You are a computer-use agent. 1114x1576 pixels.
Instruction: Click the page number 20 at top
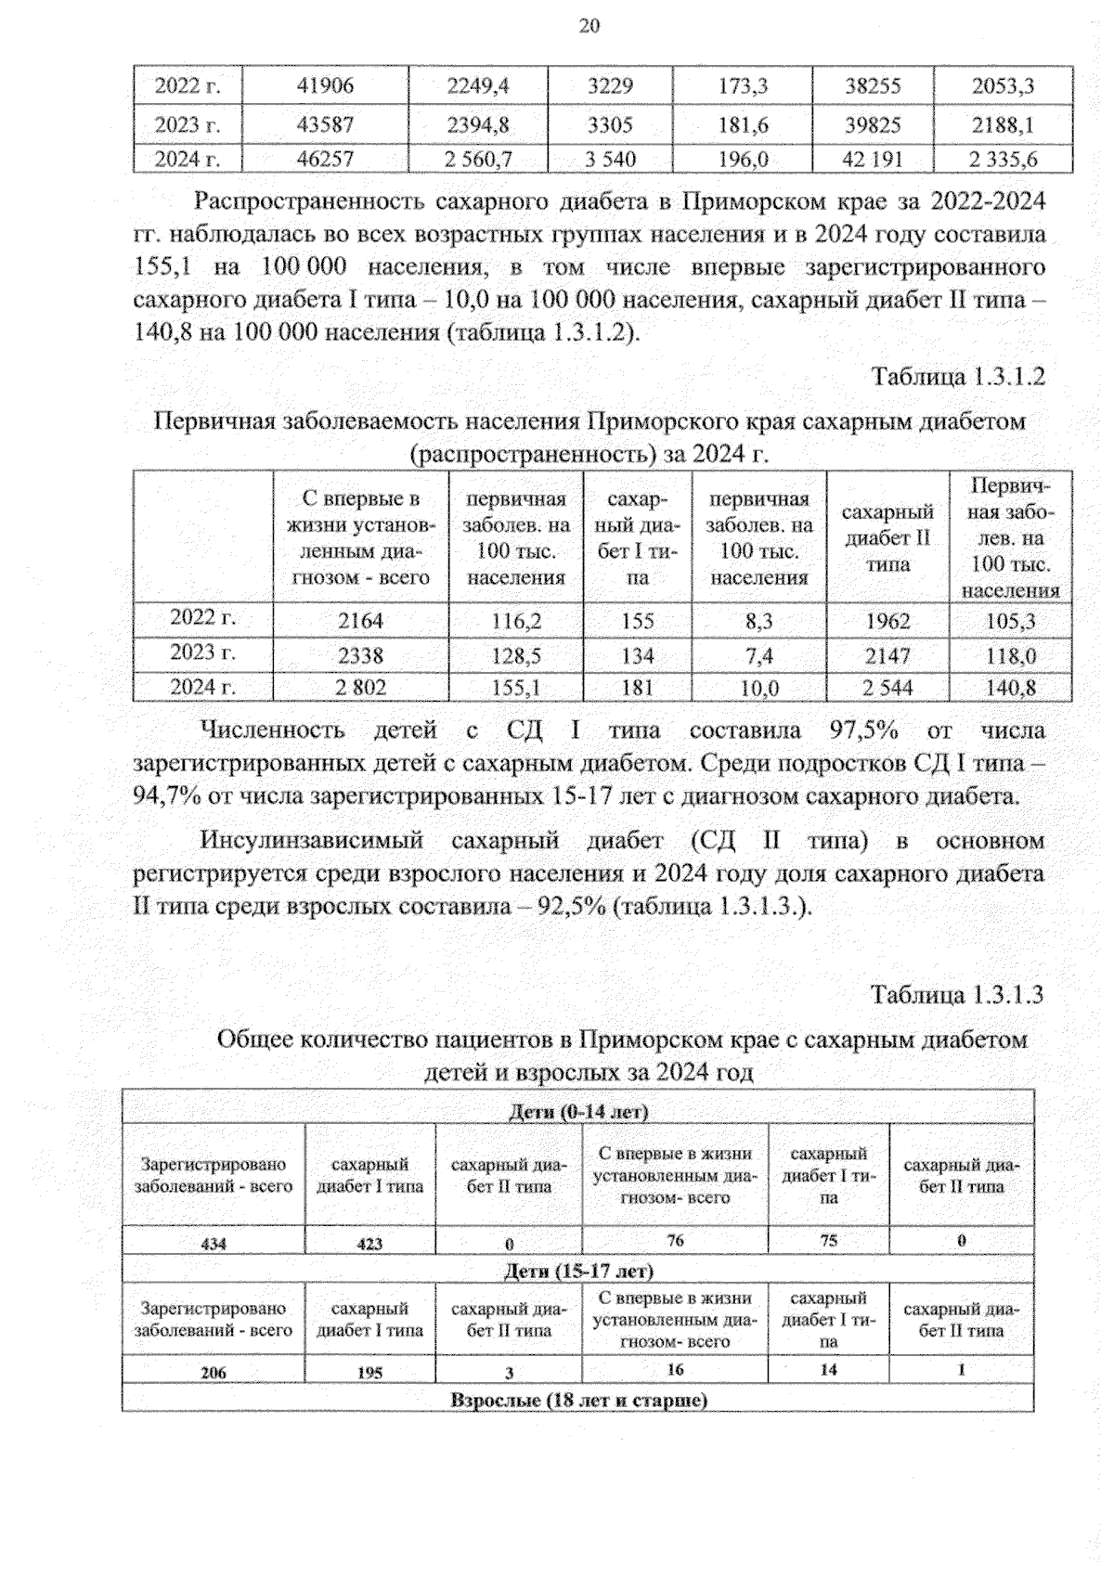[589, 26]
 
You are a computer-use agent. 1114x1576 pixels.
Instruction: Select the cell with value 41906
[325, 86]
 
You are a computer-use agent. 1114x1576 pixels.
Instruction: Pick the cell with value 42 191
[872, 160]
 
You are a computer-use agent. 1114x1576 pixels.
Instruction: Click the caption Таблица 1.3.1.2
[957, 377]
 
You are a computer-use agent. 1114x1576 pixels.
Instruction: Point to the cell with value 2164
[360, 621]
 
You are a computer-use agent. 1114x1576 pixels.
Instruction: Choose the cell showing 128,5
[516, 656]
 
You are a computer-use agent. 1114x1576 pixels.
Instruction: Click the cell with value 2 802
[360, 688]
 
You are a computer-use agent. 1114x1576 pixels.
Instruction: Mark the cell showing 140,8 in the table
[1010, 688]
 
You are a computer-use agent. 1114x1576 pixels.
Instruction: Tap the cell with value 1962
[887, 621]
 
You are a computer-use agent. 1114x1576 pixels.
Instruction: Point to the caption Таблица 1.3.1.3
[957, 995]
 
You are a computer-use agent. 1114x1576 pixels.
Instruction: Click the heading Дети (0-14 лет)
[578, 1112]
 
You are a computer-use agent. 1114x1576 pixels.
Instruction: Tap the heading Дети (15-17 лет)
[578, 1271]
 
